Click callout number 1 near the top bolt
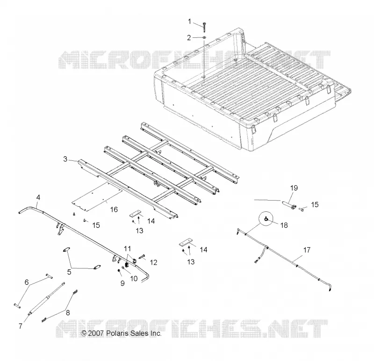point(190,22)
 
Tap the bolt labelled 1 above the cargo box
point(204,27)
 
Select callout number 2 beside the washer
point(189,38)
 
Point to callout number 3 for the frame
point(65,159)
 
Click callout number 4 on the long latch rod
point(38,197)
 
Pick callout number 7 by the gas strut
point(21,326)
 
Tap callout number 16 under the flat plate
point(114,209)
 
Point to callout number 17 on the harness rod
point(307,250)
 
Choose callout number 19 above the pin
point(294,188)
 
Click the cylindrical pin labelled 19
point(288,205)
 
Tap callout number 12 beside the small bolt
point(154,262)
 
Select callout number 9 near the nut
point(122,283)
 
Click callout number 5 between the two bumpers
point(69,272)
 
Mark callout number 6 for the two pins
point(27,282)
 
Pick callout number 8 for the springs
point(68,312)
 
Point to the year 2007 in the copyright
point(96,333)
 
